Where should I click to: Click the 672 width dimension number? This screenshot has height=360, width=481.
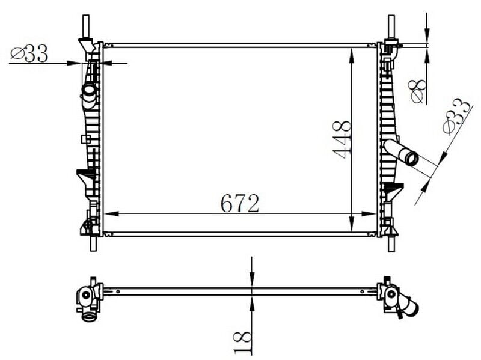tap(240, 203)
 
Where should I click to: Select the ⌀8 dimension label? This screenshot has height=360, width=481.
tap(417, 90)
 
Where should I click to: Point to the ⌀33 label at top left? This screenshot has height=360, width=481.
tap(29, 54)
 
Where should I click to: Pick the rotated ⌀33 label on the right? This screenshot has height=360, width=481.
tap(455, 117)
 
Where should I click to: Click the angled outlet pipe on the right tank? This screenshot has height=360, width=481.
tap(402, 152)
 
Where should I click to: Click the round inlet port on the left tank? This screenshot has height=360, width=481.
tap(89, 91)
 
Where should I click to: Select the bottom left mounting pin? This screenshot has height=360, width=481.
tap(93, 243)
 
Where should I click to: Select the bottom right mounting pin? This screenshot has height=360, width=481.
tap(391, 243)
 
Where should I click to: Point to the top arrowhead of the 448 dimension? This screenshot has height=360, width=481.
tap(351, 53)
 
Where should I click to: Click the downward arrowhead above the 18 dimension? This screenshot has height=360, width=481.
tap(251, 280)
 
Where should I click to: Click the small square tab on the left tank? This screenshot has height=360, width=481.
tap(85, 139)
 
